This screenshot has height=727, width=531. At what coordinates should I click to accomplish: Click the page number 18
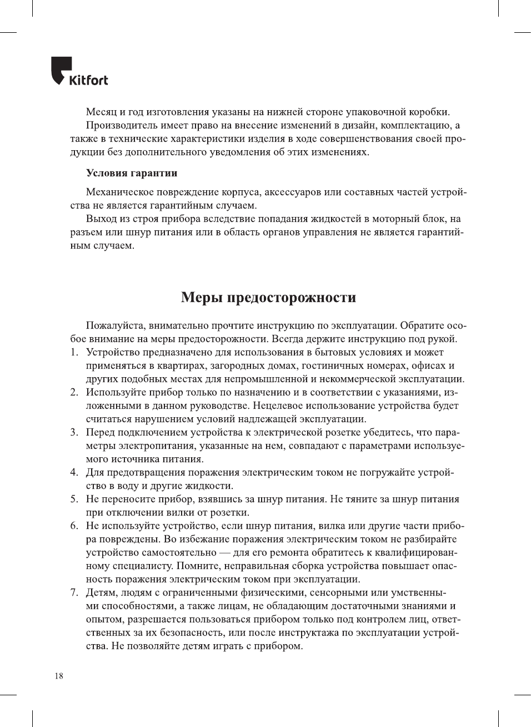tap(59, 676)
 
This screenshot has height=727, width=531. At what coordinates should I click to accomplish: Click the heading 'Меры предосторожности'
tap(268, 298)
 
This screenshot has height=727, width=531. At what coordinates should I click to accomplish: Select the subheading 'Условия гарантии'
tap(132, 173)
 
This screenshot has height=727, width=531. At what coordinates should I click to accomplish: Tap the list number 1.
tap(73, 352)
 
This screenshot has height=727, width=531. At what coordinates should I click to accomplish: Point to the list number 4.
tap(73, 472)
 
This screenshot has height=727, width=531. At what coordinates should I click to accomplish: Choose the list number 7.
tap(73, 592)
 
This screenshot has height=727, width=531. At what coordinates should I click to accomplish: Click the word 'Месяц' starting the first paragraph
tap(102, 112)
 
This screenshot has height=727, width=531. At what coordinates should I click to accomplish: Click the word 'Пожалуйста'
tap(115, 325)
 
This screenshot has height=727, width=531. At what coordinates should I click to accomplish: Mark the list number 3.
tap(73, 432)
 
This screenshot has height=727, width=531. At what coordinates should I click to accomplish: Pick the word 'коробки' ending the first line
tap(429, 112)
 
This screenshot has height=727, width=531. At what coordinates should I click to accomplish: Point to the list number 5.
tap(73, 499)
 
